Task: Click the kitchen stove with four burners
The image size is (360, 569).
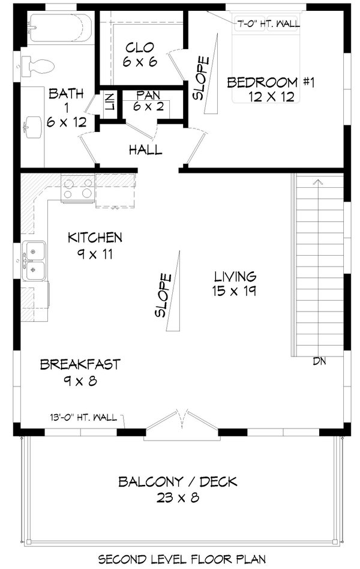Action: [78, 188]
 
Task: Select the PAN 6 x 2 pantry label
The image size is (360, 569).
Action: [148, 101]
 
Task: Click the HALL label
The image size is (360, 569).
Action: [145, 149]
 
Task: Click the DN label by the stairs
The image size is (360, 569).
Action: [319, 361]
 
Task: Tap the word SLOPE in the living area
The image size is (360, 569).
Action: [163, 295]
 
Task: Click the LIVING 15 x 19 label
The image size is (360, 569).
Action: [234, 284]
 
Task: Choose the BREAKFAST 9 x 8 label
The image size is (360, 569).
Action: [80, 372]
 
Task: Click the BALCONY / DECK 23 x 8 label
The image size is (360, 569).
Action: [177, 489]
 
